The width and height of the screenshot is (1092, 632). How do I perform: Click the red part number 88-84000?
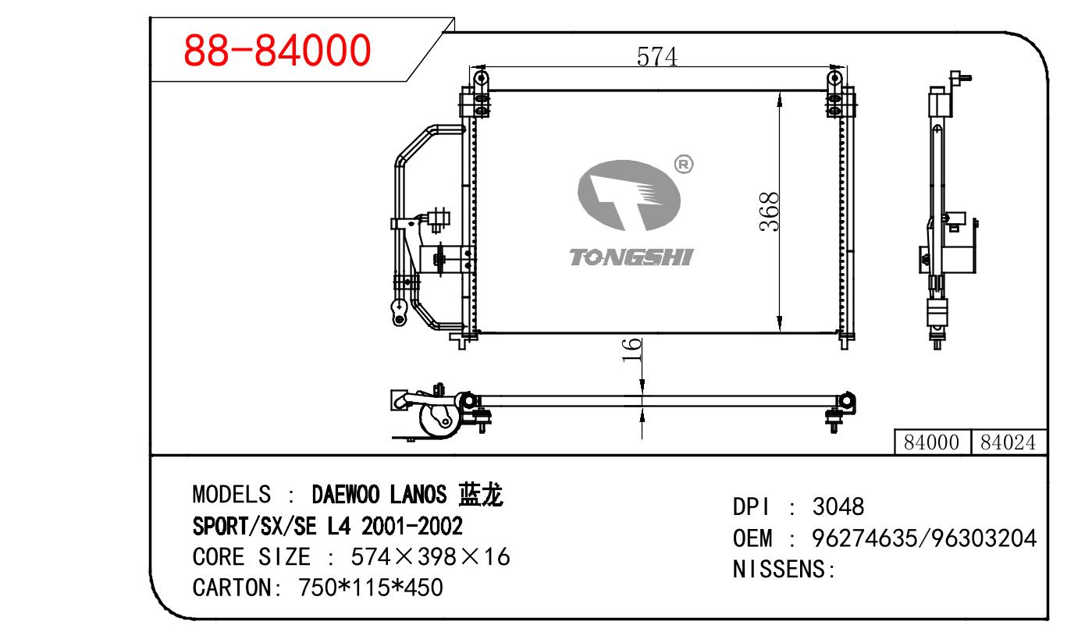[x=277, y=50]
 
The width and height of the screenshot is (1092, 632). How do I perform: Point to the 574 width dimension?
[x=656, y=56]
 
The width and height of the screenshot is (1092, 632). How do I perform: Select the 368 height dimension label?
[x=770, y=212]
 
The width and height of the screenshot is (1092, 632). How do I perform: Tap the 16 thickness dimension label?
[x=631, y=350]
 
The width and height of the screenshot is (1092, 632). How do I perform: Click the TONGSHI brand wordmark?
[x=631, y=257]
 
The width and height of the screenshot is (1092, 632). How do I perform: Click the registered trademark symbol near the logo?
[x=684, y=164]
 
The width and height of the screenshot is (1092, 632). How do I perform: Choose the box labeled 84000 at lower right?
[x=932, y=442]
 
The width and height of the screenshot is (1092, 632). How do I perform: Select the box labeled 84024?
[x=1008, y=442]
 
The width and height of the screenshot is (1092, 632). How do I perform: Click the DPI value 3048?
[x=838, y=506]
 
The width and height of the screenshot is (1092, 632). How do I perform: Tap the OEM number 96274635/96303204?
[x=924, y=538]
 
